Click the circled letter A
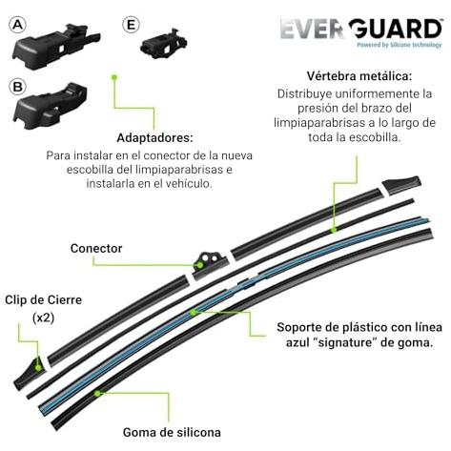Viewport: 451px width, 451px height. click(x=17, y=25)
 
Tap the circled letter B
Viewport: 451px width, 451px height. click(x=17, y=87)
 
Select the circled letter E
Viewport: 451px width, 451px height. click(x=131, y=25)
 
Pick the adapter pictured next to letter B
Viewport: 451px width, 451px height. click(x=51, y=106)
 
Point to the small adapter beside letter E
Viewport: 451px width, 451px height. click(x=163, y=44)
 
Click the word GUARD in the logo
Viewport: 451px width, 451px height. click(x=396, y=30)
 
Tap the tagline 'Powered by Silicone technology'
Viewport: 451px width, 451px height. click(x=400, y=45)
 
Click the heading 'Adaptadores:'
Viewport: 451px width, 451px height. click(x=154, y=138)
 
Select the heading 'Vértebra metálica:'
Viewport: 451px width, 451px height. click(x=359, y=76)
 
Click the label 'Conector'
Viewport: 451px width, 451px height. click(x=96, y=249)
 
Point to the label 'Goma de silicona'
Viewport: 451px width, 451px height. click(x=172, y=432)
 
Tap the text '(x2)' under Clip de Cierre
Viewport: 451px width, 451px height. click(x=44, y=318)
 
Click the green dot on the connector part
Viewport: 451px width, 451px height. click(x=199, y=264)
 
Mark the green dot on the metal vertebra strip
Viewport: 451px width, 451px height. click(x=334, y=230)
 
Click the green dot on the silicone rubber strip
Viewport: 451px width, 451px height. click(x=97, y=393)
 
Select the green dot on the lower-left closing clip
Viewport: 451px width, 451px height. click(x=38, y=368)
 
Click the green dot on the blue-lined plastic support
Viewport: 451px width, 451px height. click(x=193, y=313)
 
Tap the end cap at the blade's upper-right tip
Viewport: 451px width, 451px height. click(x=402, y=183)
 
